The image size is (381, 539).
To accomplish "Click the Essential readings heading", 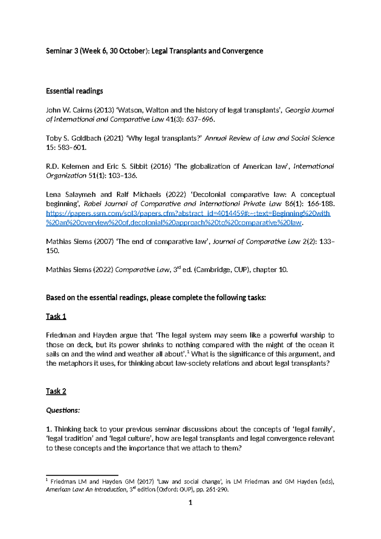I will click(74, 91).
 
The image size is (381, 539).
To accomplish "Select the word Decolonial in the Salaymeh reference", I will click(209, 194).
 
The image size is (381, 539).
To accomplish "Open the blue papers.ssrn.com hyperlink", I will click(188, 214).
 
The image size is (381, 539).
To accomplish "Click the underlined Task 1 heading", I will click(56, 317).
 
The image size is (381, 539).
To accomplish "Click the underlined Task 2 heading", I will click(56, 391).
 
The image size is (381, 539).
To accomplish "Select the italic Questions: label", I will click(63, 410).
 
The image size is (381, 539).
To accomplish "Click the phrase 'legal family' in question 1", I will click(313, 429).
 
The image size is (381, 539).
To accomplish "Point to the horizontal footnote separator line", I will click(82, 475).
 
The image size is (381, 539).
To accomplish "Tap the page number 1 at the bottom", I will click(190, 502).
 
